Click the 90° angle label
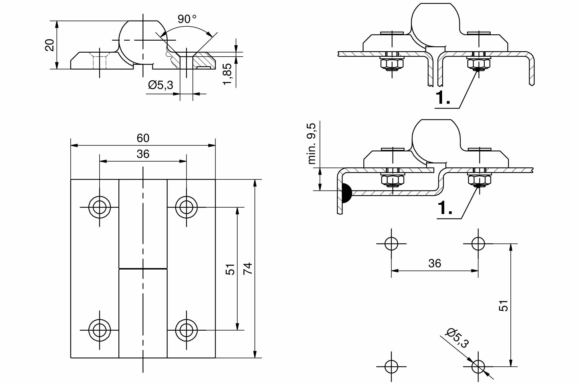coord(187,19)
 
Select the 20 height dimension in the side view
coord(50,45)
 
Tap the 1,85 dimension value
coord(227,74)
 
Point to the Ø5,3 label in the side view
coord(161,85)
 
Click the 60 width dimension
coord(143,138)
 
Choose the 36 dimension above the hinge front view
coord(143,154)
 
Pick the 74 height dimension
coord(248,268)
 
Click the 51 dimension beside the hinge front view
coord(230,269)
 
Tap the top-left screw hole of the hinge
coord(100,207)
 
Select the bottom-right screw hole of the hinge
coord(186,330)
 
